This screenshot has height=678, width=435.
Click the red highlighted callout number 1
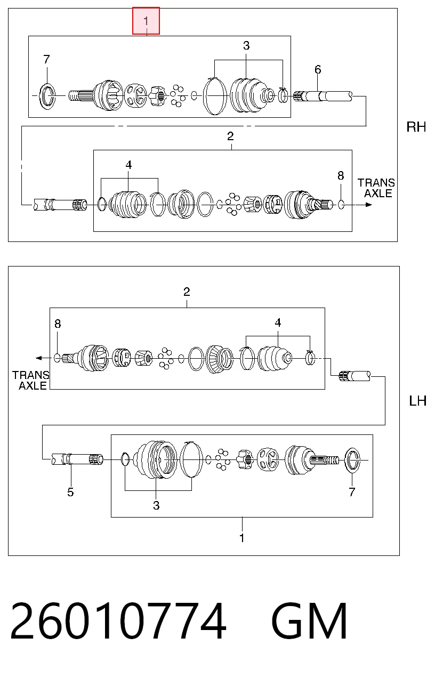(x=146, y=21)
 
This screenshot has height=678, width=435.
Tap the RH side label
(x=416, y=127)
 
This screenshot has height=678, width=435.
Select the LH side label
(x=417, y=401)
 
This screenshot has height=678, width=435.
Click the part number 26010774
(x=118, y=621)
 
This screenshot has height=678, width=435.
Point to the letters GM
(x=309, y=621)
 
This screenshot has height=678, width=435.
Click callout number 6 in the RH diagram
(x=318, y=70)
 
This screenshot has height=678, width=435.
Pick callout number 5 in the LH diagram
(x=70, y=492)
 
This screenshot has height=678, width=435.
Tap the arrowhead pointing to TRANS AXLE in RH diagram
(x=368, y=205)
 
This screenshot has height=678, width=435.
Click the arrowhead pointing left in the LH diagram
(x=39, y=358)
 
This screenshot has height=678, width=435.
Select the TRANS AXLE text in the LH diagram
(x=30, y=381)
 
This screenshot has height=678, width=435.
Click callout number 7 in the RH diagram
(x=46, y=59)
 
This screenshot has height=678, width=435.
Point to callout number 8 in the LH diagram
(x=58, y=324)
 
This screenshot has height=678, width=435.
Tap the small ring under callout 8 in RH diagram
(x=341, y=205)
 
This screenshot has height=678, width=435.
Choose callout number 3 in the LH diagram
(x=156, y=505)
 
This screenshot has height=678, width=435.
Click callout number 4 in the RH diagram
(x=128, y=165)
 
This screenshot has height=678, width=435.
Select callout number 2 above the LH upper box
(x=187, y=292)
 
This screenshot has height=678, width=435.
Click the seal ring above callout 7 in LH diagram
(x=353, y=460)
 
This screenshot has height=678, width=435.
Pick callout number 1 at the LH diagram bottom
(x=241, y=538)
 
